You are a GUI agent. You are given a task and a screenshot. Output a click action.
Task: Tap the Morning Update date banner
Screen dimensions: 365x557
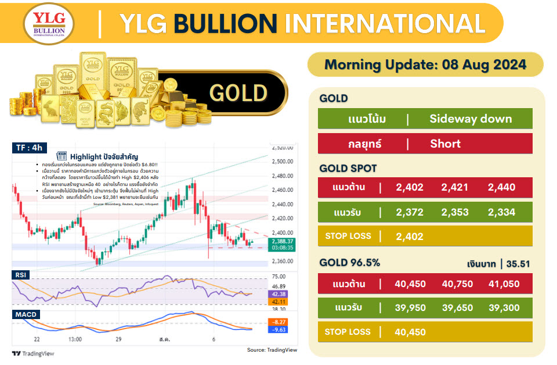click(x=425, y=65)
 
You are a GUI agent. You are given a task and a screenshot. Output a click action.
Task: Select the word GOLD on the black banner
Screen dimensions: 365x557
click(x=238, y=93)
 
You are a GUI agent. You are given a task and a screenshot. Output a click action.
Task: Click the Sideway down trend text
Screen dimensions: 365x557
click(x=471, y=119)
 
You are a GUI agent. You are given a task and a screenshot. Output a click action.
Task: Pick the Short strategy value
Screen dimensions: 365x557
click(x=446, y=144)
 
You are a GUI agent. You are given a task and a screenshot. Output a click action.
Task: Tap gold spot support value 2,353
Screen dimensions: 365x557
click(x=455, y=212)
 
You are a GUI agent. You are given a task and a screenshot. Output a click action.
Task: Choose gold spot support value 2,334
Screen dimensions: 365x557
click(x=501, y=212)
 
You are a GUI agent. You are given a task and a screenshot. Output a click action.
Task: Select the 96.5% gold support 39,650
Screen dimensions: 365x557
click(x=455, y=307)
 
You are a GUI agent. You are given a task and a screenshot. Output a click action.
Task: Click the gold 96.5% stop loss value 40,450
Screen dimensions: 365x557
click(x=410, y=332)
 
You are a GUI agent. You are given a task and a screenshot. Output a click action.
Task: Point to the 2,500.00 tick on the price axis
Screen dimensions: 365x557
click(x=283, y=162)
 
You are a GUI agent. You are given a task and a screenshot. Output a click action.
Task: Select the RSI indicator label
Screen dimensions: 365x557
click(x=21, y=274)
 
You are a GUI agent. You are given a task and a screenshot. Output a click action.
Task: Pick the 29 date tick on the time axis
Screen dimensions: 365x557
click(x=118, y=338)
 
